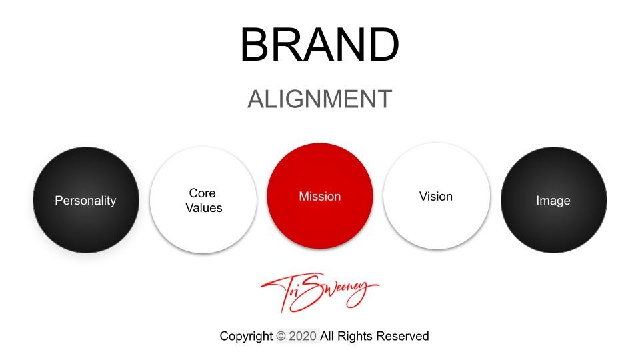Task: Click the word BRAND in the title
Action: pos(319,45)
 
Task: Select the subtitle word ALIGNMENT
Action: pos(319,99)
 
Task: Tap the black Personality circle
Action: pos(86,200)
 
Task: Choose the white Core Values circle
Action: pos(203,200)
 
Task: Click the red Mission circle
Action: pos(320,196)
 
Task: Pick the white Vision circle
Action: pos(436,196)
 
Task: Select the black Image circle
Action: pos(553,200)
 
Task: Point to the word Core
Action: pos(202,193)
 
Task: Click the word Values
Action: pos(204,208)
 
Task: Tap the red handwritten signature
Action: pos(319,291)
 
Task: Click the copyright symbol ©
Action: pos(281,336)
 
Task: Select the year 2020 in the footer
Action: pos(303,336)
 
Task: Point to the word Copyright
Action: pos(246,336)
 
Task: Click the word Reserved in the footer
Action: pos(402,336)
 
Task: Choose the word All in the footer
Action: pos(327,336)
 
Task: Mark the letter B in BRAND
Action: pos(255,45)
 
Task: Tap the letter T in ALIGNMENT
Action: pos(384,99)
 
